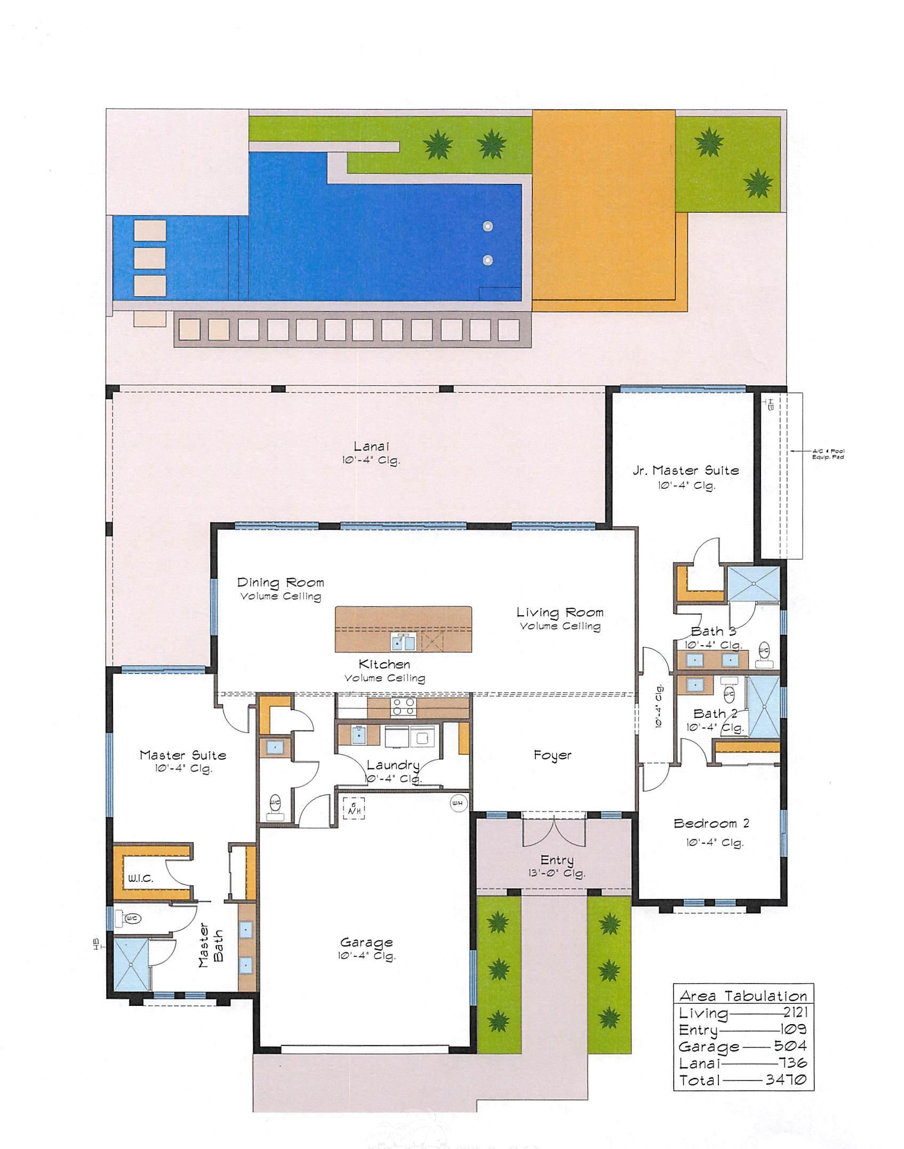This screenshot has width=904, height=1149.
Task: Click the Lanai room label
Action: tap(370, 447)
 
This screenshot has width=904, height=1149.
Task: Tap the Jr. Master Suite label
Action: tap(686, 471)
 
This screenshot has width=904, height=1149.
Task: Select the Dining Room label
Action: tap(281, 582)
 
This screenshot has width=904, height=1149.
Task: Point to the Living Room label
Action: tap(560, 612)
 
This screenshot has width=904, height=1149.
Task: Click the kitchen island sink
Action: tap(404, 643)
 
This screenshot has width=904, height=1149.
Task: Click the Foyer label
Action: tap(552, 755)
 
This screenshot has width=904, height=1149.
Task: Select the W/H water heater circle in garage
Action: tap(458, 803)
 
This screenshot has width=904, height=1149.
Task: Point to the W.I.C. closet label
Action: tap(140, 878)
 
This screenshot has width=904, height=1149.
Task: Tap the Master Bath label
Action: tap(211, 945)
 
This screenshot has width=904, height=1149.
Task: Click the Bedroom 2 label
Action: tap(711, 823)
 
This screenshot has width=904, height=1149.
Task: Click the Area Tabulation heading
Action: tap(743, 996)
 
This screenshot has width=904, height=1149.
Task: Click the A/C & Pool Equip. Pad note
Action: tap(828, 454)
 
